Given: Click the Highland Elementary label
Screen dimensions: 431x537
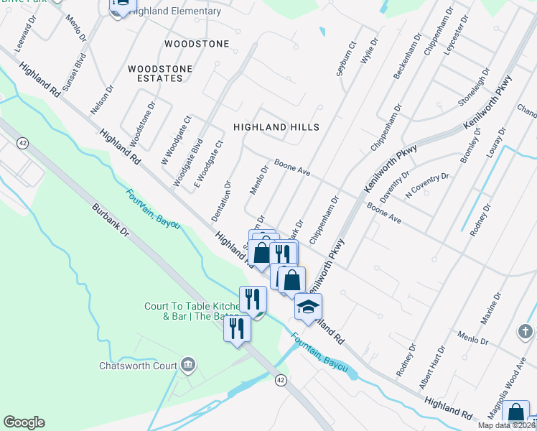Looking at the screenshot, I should (175, 11).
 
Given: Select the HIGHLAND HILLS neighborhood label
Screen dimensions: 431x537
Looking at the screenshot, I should (276, 126).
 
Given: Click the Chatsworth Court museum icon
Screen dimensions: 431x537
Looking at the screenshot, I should (188, 365).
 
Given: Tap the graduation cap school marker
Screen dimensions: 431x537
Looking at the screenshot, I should (308, 307).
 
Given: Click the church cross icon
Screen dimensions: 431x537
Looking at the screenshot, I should (526, 331).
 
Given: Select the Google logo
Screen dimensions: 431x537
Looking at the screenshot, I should (24, 422).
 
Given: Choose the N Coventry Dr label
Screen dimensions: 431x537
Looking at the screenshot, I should (427, 185).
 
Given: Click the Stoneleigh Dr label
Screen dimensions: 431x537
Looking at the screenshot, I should (475, 88).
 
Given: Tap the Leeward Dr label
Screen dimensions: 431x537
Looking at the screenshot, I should (25, 38).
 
